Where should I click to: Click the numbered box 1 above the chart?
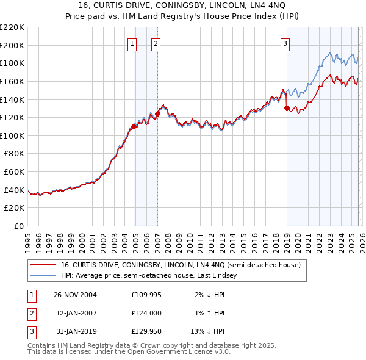point(132,43)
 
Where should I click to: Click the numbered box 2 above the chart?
point(156,43)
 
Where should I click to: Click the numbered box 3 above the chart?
point(285,43)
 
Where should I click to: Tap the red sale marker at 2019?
point(287,109)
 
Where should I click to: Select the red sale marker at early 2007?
point(157,113)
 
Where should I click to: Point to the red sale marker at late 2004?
point(134,126)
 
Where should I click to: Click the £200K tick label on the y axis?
point(12,45)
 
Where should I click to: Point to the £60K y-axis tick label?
point(14,172)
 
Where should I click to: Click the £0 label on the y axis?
point(18,226)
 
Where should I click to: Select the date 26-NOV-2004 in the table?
point(75,295)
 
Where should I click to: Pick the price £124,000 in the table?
point(146,313)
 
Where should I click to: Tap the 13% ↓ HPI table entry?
point(208,331)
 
